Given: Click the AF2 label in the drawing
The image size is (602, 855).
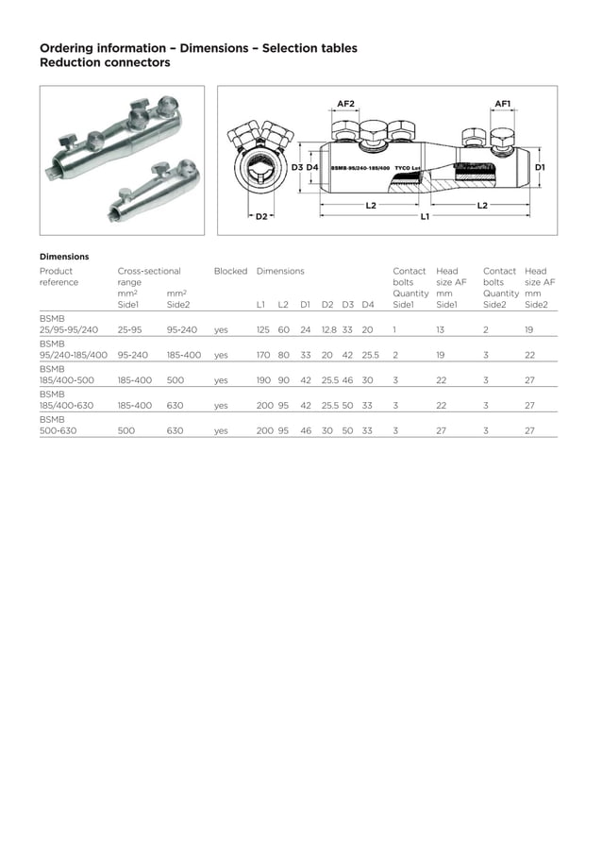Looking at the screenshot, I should [345, 104].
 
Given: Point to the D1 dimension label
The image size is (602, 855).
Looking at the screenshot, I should [540, 166].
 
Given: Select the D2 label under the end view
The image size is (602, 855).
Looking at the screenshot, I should [261, 216].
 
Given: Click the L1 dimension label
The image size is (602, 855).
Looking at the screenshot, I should [425, 216].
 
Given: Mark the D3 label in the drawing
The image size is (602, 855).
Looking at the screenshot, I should [295, 166].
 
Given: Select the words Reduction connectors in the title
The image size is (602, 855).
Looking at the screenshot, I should [105, 63].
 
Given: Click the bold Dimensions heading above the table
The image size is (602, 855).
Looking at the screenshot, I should [64, 256].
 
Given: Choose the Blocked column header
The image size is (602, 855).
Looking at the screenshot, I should [230, 271].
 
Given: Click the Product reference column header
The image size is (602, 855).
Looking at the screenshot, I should [60, 277].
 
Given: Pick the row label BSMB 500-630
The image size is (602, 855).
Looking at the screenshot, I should [59, 424].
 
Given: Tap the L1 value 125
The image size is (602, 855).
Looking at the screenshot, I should [263, 330].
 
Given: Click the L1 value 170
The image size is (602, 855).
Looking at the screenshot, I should [263, 356].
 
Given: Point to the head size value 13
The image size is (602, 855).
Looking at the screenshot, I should [440, 330].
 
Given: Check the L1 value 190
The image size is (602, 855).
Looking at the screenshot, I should [263, 380].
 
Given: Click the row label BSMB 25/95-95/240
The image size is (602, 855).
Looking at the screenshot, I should [68, 325].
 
